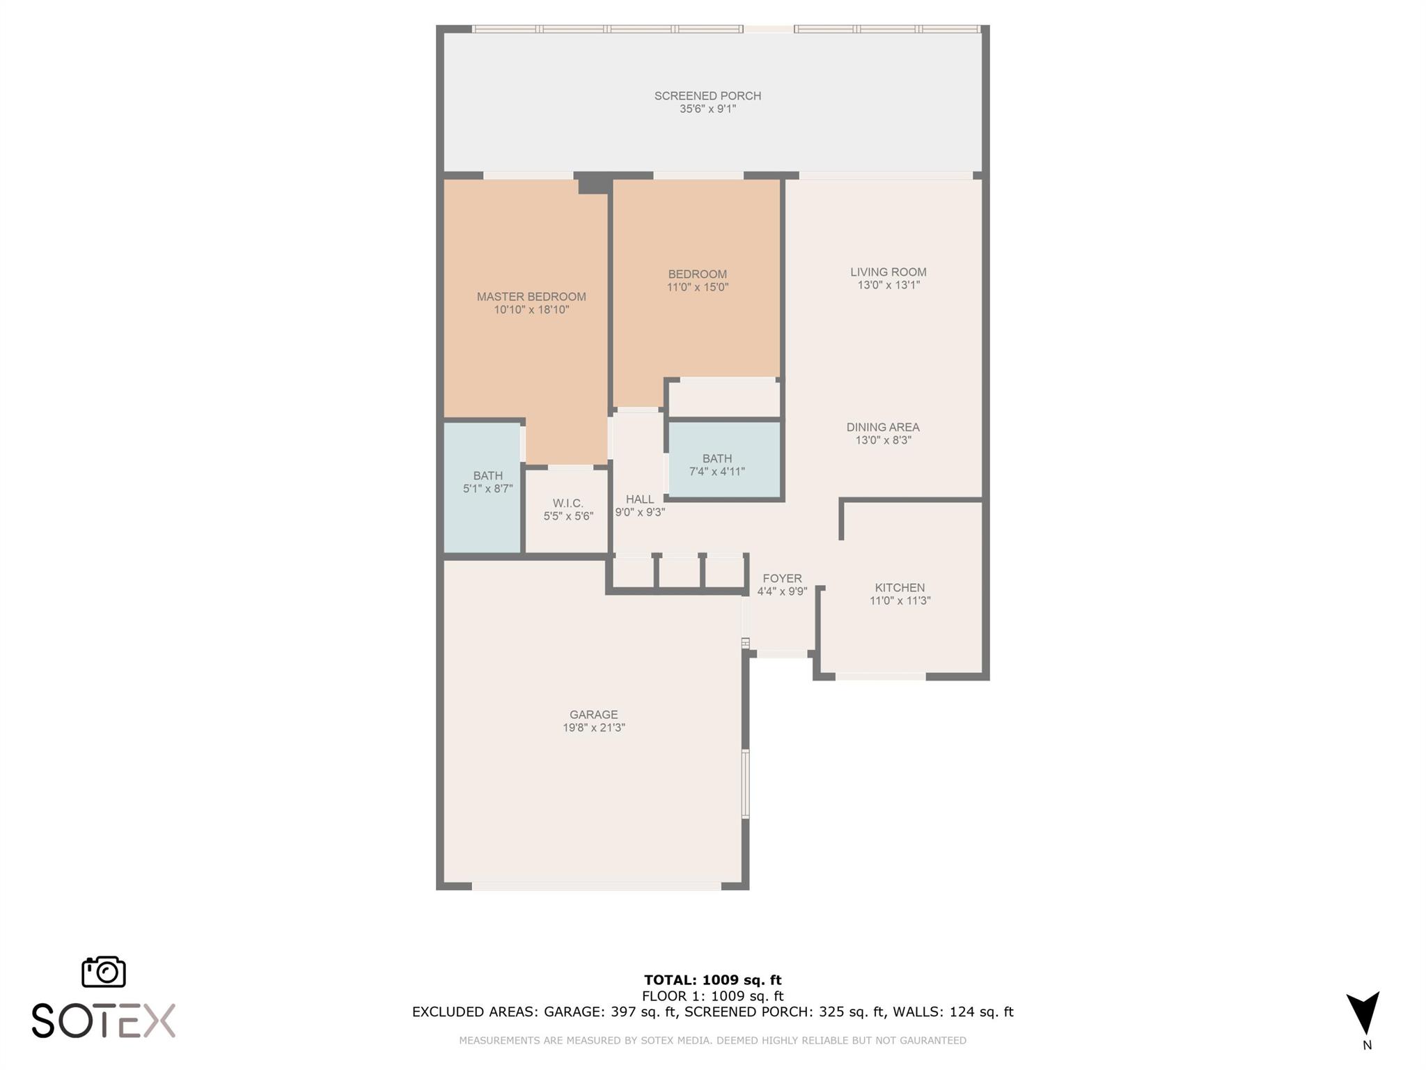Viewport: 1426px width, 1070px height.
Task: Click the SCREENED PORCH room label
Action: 707,95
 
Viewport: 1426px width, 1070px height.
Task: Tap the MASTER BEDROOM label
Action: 531,296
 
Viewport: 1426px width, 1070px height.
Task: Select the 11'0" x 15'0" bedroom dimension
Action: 697,287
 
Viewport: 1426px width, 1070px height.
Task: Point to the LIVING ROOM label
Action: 888,272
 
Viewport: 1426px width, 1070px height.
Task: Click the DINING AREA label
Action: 883,427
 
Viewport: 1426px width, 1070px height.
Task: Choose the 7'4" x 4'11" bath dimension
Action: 717,472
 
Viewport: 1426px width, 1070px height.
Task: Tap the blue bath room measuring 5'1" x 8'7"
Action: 483,488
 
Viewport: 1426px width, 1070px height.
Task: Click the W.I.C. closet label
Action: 568,503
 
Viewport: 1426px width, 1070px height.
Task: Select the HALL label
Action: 640,499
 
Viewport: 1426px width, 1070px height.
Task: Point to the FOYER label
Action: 782,578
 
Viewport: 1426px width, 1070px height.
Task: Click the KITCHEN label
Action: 900,587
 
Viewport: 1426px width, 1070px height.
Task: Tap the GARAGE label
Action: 593,714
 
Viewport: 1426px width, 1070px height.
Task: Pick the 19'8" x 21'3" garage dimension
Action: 594,727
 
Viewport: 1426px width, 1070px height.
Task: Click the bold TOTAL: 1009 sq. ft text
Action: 712,980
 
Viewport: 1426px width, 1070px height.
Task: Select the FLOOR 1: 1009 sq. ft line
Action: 712,996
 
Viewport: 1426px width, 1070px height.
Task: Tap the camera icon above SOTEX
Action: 104,971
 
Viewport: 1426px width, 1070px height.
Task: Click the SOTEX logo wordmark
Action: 103,1021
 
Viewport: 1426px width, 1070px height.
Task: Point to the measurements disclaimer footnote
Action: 712,1040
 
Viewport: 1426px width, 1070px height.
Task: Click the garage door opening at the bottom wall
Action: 596,886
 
